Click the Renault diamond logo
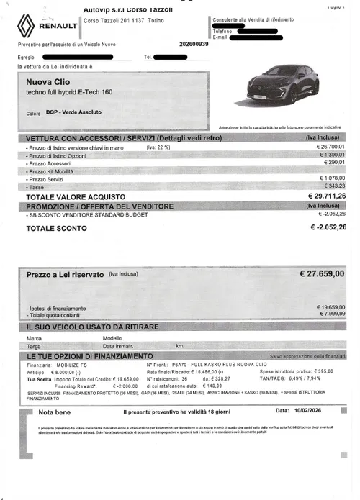[27, 26]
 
